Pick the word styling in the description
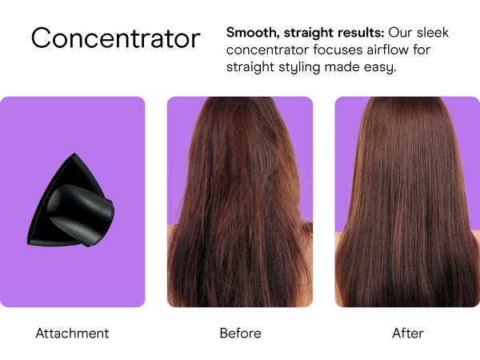click(300, 67)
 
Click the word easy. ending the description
click(380, 67)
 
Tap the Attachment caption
click(72, 333)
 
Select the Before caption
click(240, 333)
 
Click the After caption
click(407, 333)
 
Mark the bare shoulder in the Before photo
click(174, 236)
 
